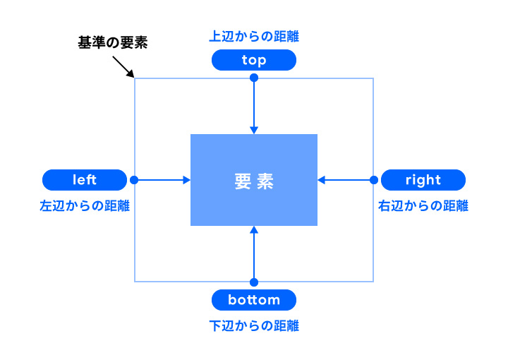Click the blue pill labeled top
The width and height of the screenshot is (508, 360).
click(x=254, y=60)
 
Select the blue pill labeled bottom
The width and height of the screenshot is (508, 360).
click(x=254, y=300)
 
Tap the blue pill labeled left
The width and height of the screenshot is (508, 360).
click(x=85, y=180)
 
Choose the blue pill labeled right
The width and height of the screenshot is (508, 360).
click(x=423, y=180)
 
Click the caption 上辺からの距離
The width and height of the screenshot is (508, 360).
click(x=254, y=36)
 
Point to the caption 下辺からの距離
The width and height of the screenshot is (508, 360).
click(x=254, y=326)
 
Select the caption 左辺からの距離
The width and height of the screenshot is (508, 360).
click(x=85, y=206)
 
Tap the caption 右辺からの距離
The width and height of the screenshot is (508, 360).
click(x=423, y=206)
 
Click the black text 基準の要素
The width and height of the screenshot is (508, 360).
click(x=112, y=42)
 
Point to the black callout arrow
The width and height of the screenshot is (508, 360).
click(x=123, y=67)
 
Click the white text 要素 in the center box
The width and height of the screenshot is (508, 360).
click(x=254, y=181)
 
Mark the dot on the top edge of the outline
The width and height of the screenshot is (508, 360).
click(x=254, y=78)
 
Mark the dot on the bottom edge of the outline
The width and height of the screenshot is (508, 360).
click(x=254, y=282)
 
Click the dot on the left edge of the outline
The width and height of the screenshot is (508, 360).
click(x=135, y=180)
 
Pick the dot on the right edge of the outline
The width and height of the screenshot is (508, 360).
click(x=373, y=180)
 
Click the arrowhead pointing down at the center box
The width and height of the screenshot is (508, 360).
click(x=254, y=130)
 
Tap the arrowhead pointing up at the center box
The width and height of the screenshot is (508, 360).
click(x=254, y=230)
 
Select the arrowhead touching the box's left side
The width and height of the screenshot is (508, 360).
click(x=187, y=180)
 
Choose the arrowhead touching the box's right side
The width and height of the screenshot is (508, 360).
click(x=321, y=180)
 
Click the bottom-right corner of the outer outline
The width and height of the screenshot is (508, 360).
click(x=373, y=282)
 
